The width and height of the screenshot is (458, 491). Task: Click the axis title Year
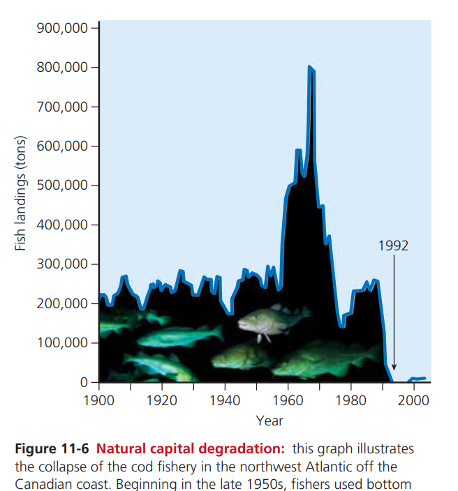point(269,421)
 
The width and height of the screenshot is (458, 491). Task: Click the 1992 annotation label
point(393,245)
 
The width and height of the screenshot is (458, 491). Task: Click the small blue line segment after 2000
point(418,379)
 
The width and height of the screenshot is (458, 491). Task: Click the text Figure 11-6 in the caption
point(51,448)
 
